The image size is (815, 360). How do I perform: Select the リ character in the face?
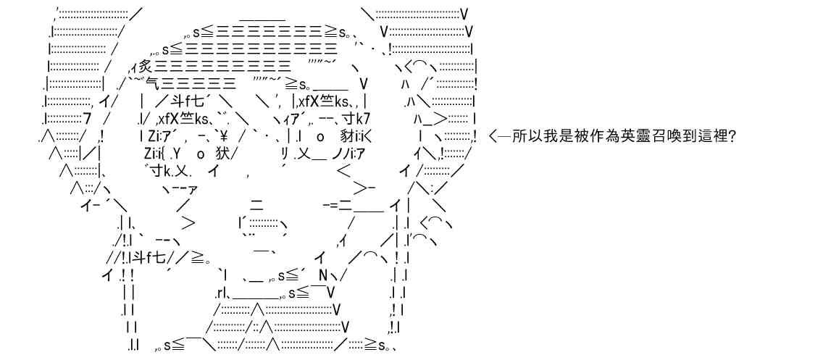click(x=285, y=154)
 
